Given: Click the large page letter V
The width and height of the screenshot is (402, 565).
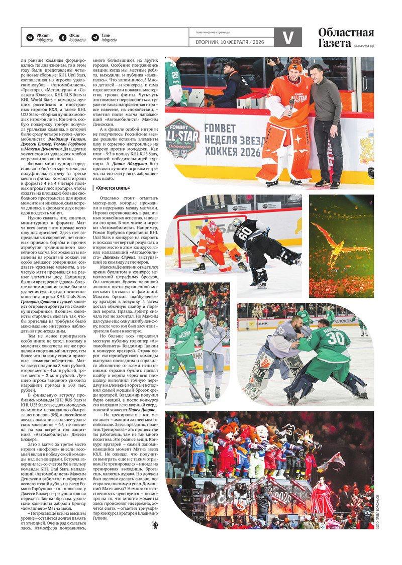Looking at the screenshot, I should tap(288, 38).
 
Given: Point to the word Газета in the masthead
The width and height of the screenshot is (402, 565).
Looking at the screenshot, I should tap(334, 44).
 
